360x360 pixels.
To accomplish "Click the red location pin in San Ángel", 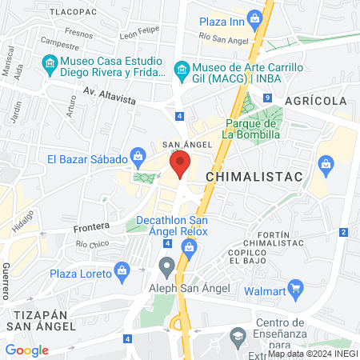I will pos(180,166).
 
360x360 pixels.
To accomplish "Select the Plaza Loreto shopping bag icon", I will pos(122,270).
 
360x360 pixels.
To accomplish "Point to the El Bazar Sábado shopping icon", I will pos(138,154).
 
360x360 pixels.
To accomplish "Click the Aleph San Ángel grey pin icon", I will pos(166,265).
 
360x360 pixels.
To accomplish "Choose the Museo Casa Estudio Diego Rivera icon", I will pos(50,62).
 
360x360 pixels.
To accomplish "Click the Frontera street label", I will pos(90,228).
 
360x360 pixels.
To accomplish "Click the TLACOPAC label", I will pos(73,14).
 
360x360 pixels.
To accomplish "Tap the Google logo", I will pos(27,350).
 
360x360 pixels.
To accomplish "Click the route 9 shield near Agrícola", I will pos(266,98).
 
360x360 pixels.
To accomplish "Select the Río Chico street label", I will pos(92,244).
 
